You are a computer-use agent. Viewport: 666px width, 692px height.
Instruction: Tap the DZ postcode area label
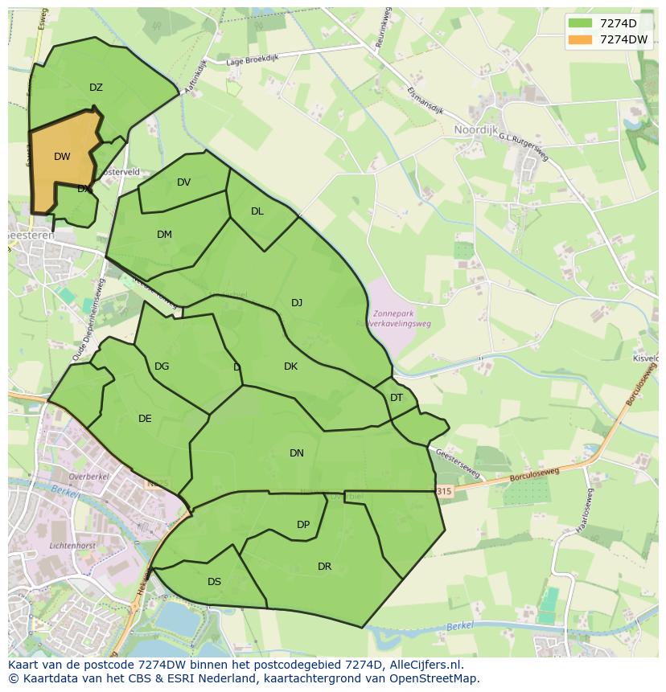tap(96, 88)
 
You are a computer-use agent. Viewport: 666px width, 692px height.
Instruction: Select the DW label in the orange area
tap(62, 157)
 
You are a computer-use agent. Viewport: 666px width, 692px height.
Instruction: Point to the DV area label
tap(183, 182)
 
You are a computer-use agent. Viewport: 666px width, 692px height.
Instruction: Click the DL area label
tap(257, 211)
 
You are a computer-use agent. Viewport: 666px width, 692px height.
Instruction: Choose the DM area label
tap(164, 235)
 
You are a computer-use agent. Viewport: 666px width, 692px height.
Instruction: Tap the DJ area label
tap(297, 303)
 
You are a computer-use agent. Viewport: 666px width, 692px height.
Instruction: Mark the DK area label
tap(290, 366)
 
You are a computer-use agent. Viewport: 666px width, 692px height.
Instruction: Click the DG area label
tap(162, 366)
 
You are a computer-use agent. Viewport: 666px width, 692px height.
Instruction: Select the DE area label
tap(145, 419)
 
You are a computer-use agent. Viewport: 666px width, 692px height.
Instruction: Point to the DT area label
tap(397, 398)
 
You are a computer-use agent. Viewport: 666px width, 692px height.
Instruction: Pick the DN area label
tap(297, 453)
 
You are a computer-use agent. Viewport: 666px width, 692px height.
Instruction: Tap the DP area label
tap(303, 525)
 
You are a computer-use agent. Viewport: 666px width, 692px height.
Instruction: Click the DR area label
tap(324, 567)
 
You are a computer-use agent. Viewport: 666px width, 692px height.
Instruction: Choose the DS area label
tap(214, 582)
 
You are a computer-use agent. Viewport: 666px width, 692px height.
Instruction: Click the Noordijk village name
tap(476, 129)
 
